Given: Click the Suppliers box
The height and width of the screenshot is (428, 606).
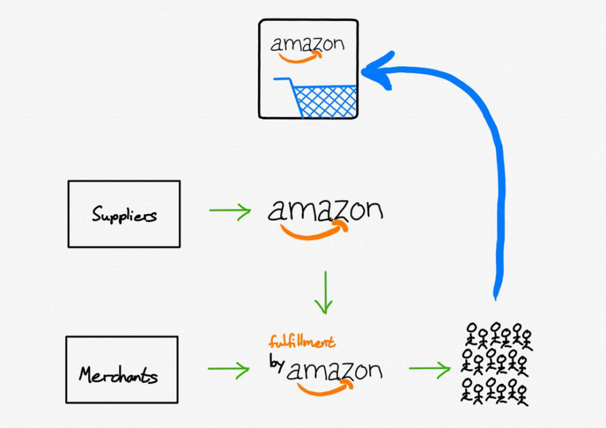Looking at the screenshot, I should (x=124, y=213).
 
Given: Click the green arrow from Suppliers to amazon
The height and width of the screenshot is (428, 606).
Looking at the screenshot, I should (x=229, y=213).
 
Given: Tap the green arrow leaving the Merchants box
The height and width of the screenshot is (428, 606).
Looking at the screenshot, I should (x=228, y=370).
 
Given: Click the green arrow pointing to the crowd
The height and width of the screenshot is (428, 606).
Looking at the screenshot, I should (x=430, y=370).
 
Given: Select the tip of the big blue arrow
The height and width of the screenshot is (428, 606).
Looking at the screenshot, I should (x=367, y=71).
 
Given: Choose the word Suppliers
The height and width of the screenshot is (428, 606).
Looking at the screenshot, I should (x=124, y=215).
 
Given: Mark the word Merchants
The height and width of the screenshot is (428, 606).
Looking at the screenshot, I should (x=120, y=373).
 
